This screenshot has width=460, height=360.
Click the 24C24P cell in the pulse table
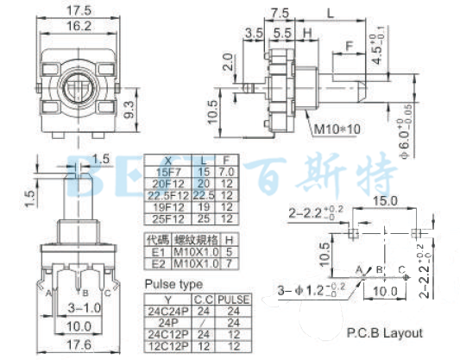pos(167,311)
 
